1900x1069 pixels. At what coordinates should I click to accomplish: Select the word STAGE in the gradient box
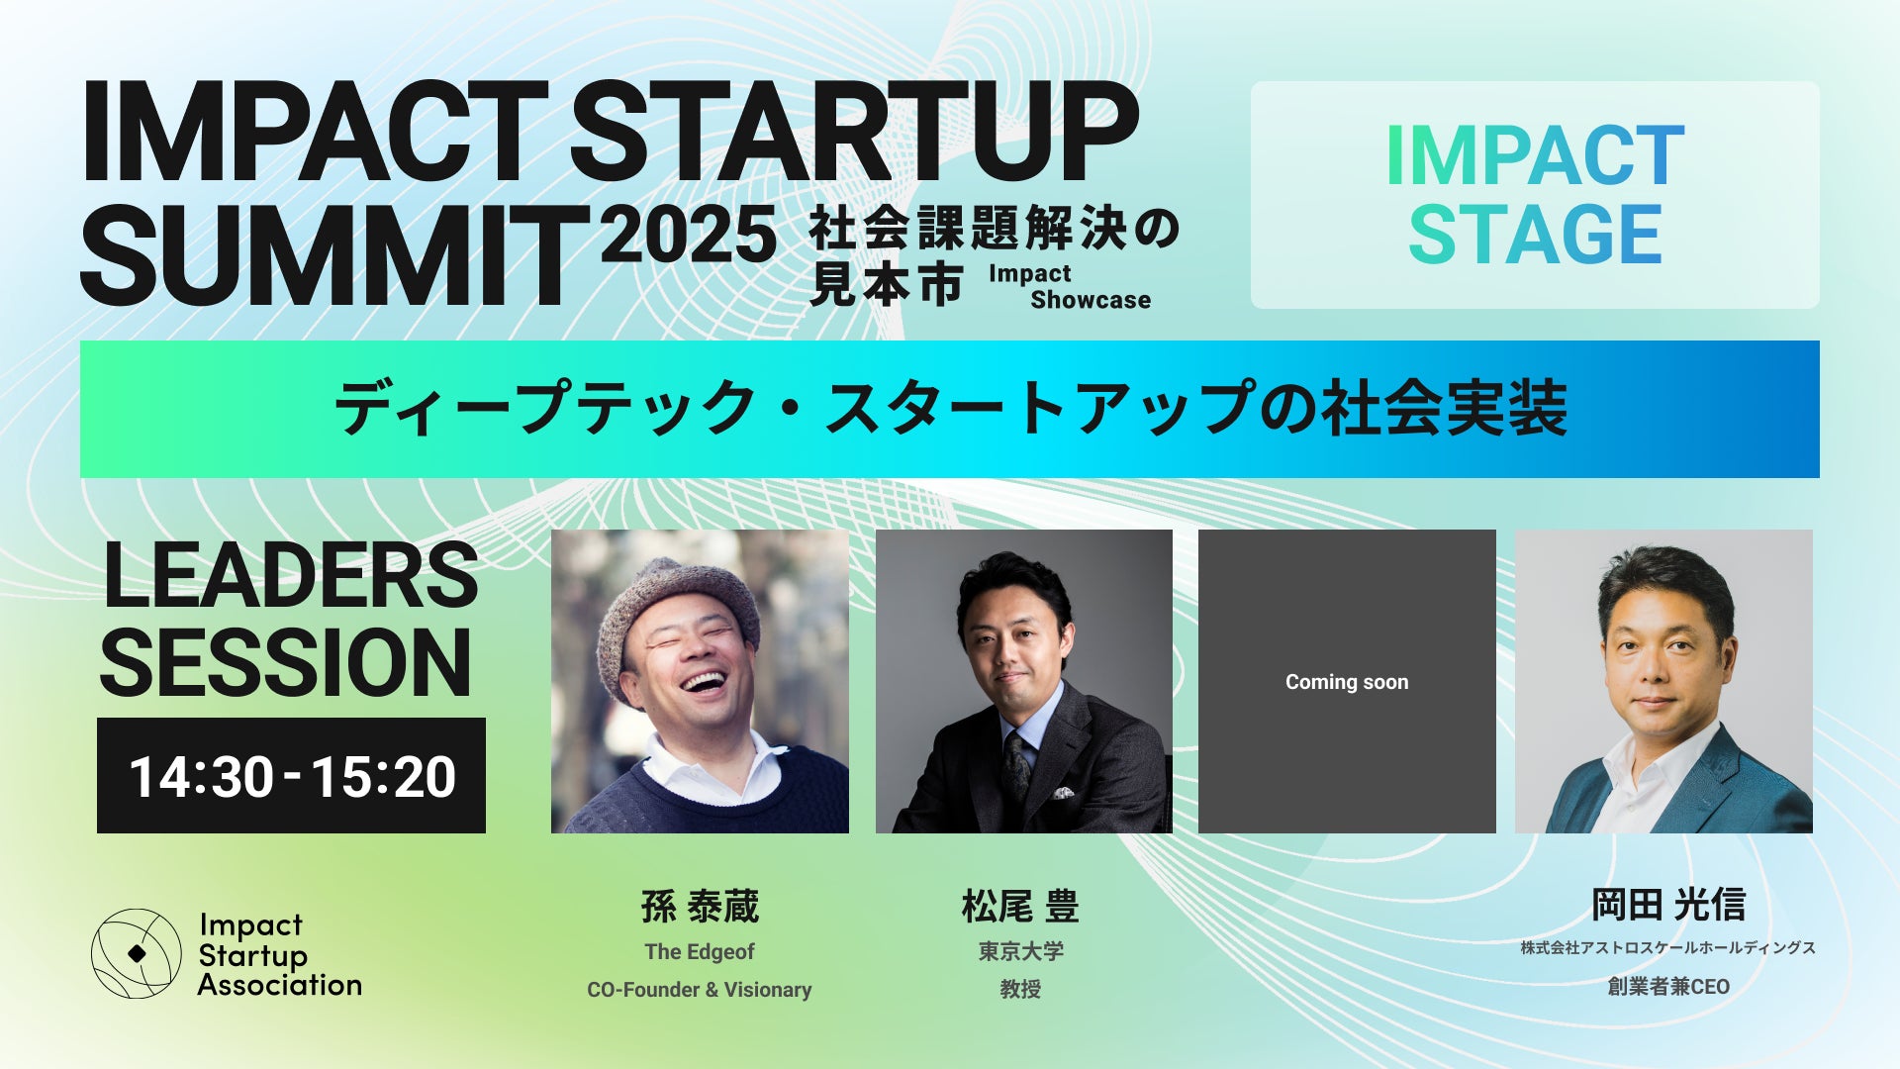click(x=1535, y=234)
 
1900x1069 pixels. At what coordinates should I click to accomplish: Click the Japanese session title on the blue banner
click(x=950, y=408)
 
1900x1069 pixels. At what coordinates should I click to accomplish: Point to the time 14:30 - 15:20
click(x=292, y=776)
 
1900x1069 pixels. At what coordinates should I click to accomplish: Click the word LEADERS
click(x=291, y=575)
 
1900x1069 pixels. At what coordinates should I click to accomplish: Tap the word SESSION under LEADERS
click(x=286, y=662)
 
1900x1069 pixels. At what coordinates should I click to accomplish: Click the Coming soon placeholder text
click(x=1347, y=682)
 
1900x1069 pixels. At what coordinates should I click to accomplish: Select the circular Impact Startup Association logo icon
click(x=137, y=953)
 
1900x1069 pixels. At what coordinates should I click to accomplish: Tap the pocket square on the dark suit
click(x=1063, y=792)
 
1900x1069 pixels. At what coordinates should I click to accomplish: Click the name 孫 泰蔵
click(x=700, y=906)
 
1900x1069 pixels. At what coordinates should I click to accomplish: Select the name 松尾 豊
click(x=1020, y=906)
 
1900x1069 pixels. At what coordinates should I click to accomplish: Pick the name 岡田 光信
click(x=1668, y=904)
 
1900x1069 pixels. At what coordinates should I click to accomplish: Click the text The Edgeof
click(x=700, y=951)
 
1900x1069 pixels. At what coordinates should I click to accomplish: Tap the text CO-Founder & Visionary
click(x=700, y=990)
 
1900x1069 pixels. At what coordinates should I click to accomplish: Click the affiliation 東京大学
click(x=1021, y=951)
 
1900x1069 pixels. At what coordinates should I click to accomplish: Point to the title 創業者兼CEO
click(x=1668, y=986)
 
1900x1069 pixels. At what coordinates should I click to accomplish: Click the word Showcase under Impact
click(x=1091, y=300)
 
